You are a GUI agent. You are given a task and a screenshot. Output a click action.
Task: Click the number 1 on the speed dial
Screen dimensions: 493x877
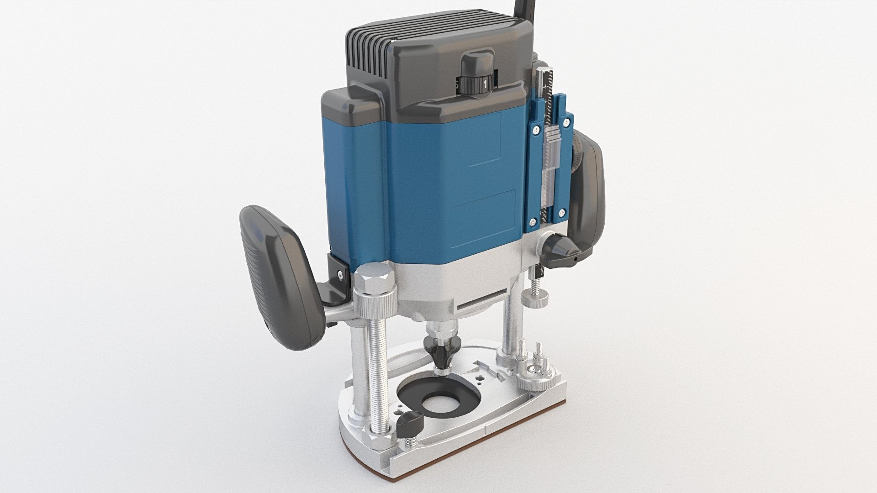485,84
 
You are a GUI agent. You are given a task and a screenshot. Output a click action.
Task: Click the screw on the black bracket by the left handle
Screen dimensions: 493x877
340,274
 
